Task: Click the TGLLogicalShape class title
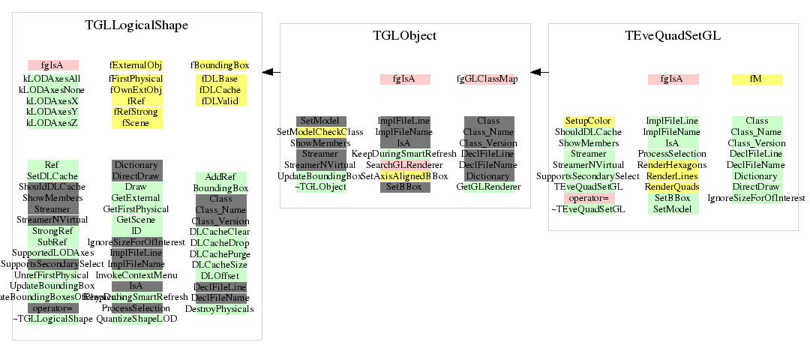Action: click(136, 25)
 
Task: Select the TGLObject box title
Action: click(405, 35)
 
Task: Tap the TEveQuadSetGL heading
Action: click(673, 35)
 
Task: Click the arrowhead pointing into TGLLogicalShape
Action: click(267, 72)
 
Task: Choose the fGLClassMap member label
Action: click(487, 79)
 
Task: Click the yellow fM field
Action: click(757, 79)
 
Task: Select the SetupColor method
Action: click(589, 121)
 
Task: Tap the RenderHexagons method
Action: click(672, 164)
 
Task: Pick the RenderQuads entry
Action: click(672, 187)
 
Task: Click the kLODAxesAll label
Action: click(52, 78)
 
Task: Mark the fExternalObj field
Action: click(136, 65)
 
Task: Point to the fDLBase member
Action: click(220, 79)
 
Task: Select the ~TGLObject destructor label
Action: click(321, 187)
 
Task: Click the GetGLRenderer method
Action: click(488, 187)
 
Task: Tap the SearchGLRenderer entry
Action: click(405, 164)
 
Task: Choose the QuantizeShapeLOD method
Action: click(136, 319)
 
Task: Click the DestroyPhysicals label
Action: click(220, 308)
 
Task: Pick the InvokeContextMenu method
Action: click(136, 275)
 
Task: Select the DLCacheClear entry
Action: click(220, 232)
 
